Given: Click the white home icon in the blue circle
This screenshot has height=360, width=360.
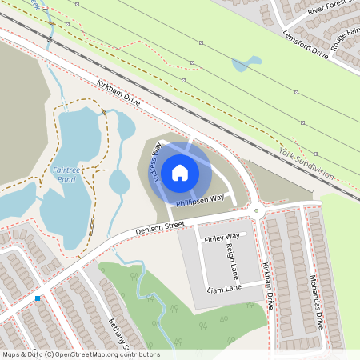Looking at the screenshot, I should pos(180,172).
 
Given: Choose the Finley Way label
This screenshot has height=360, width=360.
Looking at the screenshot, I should pos(222,238).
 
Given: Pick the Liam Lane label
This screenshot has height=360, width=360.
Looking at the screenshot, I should pos(224,288).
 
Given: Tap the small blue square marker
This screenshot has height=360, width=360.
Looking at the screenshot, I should pos(38,298).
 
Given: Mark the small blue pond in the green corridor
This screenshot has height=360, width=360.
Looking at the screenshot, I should pos(248,62).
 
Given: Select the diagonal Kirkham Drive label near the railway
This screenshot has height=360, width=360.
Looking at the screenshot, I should pos(118,94).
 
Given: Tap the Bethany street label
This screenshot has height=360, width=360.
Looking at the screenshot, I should pos(121,333).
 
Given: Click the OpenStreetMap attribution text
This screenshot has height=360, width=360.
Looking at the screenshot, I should pos(80,354).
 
